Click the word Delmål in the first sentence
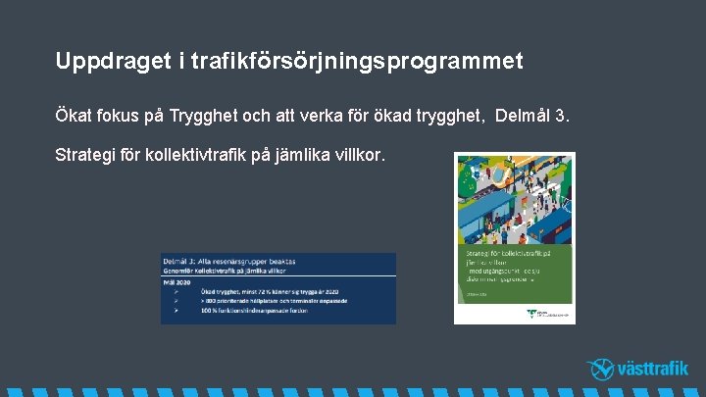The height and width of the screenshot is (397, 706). click(529, 118)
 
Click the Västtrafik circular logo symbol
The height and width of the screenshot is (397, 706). click(600, 369)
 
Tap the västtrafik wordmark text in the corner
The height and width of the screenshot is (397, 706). click(653, 370)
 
